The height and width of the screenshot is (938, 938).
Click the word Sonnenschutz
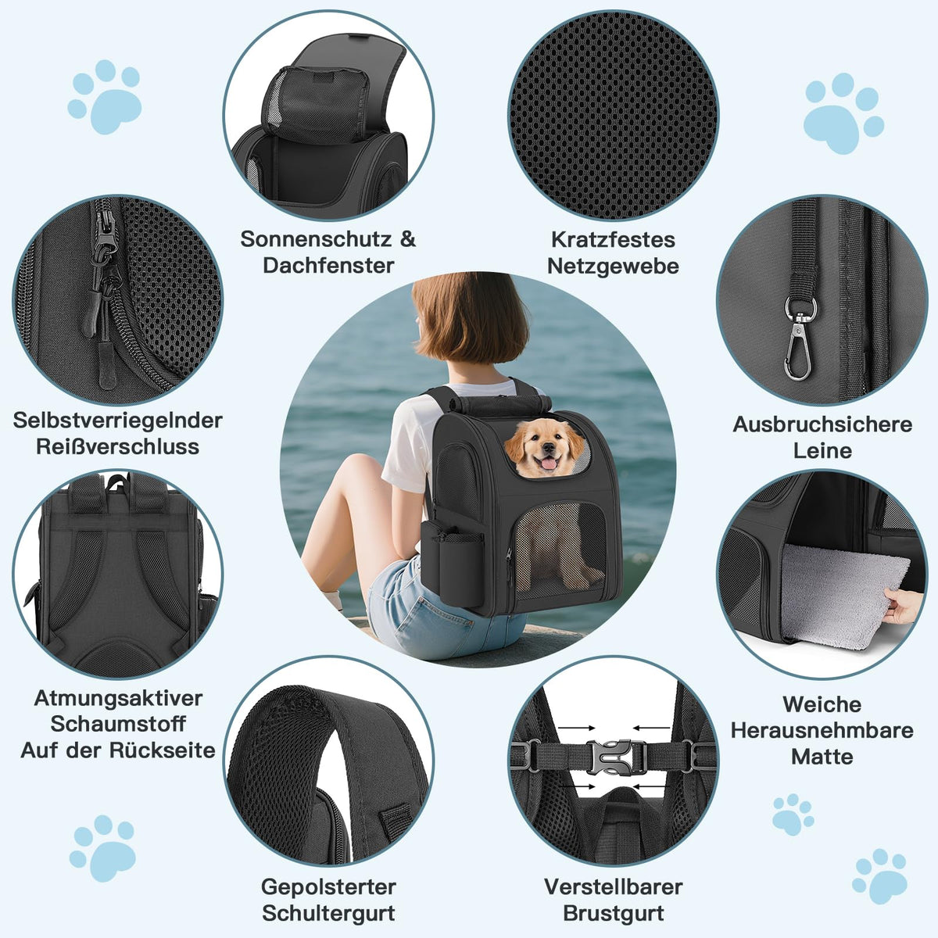[x=316, y=239]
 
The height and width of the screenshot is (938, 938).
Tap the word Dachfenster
[x=328, y=265]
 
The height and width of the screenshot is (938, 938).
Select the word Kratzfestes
[x=613, y=239]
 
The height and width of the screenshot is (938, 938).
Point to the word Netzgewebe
[x=613, y=267]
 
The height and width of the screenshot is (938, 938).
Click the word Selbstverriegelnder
[x=118, y=421]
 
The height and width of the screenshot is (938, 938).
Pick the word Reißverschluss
[x=118, y=447]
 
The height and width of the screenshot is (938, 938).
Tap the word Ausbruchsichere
[x=822, y=424]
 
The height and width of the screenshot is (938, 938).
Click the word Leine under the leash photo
[x=822, y=451]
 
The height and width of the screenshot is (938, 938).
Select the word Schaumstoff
[x=118, y=724]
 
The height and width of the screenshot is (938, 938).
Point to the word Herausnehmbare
[x=822, y=731]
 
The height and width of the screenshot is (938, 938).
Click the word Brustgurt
[x=614, y=913]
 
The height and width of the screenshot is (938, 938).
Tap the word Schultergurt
[x=328, y=913]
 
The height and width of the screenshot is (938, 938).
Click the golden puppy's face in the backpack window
[x=545, y=449]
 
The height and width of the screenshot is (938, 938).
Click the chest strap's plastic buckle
[x=616, y=757]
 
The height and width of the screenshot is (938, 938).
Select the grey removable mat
[x=843, y=595]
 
